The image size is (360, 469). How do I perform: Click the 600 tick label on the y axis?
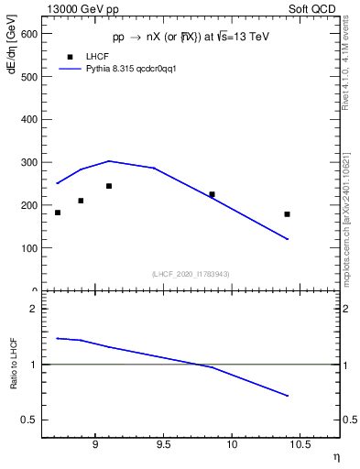coord(29,33)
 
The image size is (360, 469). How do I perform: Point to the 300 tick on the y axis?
coord(43,162)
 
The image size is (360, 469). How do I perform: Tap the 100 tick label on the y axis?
coord(29,248)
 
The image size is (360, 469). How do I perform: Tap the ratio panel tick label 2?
coord(36,309)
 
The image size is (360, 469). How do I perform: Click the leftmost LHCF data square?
coord(58,213)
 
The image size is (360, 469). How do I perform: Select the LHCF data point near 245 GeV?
coord(109,186)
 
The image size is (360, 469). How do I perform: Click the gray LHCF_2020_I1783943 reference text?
coord(191,274)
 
